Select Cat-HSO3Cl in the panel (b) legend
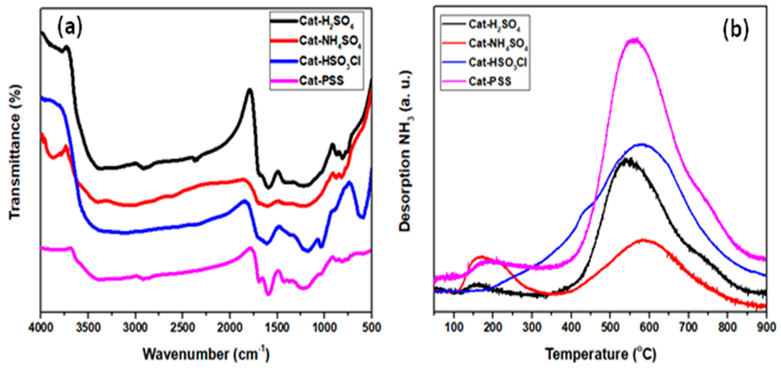coord(497,63)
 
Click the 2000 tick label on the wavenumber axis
coord(229,328)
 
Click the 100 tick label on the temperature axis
coord(454,328)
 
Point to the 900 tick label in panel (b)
coord(766,328)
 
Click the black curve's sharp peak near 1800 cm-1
coord(250,89)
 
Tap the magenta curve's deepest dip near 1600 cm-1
coord(268,294)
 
